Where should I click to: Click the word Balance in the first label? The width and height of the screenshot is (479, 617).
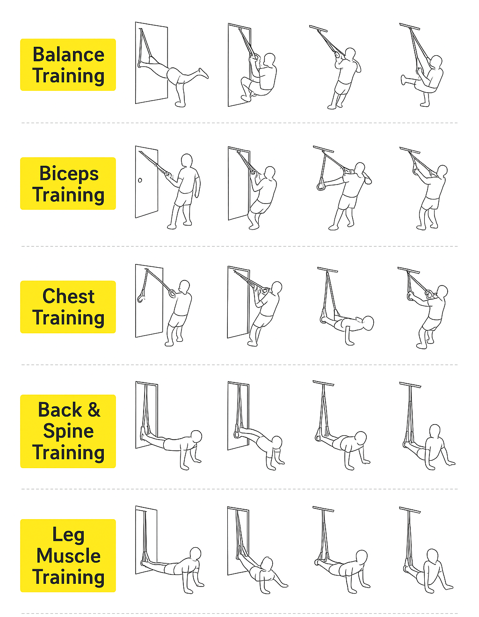(68, 54)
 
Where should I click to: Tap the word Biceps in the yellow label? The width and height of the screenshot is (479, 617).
(69, 174)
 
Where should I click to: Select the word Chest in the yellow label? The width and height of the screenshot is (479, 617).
(68, 296)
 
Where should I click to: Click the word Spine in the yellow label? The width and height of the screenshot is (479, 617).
(68, 431)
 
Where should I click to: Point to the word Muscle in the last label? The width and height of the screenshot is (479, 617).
(68, 556)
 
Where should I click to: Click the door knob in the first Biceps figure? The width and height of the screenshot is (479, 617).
(140, 180)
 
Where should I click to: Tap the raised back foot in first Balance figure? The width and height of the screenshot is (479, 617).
(203, 73)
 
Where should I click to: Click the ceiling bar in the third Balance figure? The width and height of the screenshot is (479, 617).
(318, 29)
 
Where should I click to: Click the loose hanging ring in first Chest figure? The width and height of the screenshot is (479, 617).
(141, 298)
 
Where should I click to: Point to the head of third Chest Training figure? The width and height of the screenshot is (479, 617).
(368, 323)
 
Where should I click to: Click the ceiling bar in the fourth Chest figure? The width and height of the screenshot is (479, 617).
(408, 270)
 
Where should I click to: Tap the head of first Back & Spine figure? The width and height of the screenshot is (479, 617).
(196, 436)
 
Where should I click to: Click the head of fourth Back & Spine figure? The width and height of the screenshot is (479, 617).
(435, 432)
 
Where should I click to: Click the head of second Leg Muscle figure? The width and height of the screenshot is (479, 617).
(267, 563)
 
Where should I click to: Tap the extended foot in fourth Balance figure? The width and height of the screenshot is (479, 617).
(403, 80)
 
